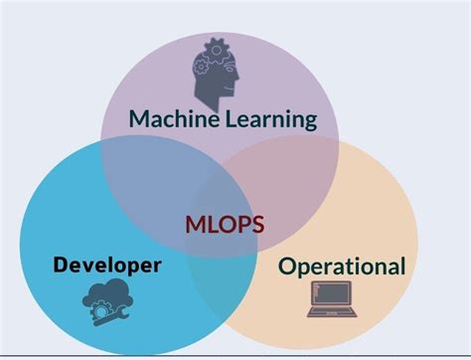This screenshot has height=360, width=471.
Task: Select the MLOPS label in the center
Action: [x=225, y=223]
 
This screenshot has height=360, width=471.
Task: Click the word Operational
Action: [x=342, y=267]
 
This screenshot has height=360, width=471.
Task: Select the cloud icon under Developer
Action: [x=107, y=299]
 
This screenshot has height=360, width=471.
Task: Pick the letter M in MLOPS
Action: [x=195, y=223]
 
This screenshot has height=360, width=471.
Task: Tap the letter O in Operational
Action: [x=287, y=267]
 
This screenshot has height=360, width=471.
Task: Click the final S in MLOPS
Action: [x=257, y=223]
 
